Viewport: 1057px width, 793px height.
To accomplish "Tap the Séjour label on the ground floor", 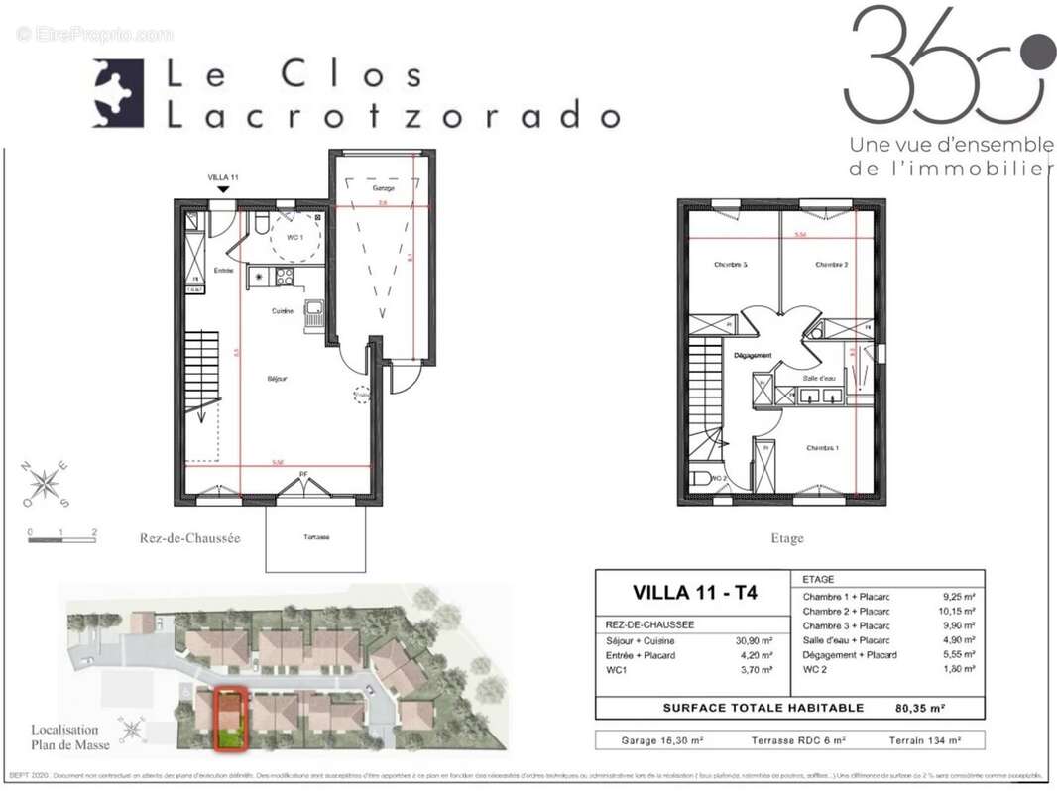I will [x=277, y=378].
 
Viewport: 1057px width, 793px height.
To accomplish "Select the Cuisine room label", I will [x=284, y=311].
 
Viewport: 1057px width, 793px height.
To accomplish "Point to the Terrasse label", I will [x=316, y=537].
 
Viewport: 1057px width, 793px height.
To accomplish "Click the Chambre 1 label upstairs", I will [x=822, y=448].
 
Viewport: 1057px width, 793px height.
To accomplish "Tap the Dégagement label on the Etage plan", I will [x=753, y=355].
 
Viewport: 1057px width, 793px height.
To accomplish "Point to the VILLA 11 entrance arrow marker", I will [x=224, y=188].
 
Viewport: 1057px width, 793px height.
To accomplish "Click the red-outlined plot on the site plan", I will [x=231, y=720].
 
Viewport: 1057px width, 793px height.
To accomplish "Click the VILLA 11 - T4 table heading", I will [x=694, y=593].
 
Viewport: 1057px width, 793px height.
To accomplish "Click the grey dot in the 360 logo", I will [x=1038, y=51].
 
